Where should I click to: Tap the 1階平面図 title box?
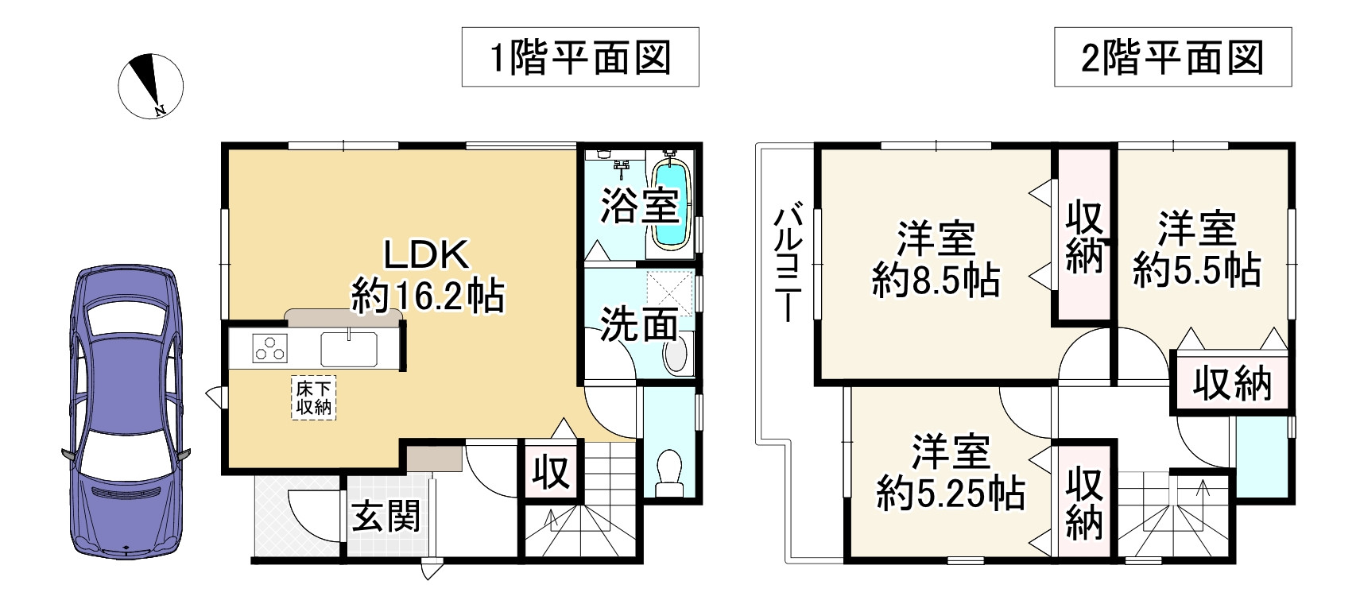pyautogui.click(x=580, y=57)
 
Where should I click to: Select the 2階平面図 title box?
pyautogui.click(x=1172, y=57)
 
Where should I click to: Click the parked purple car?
pyautogui.click(x=126, y=412)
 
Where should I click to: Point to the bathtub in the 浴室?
pyautogui.click(x=669, y=204)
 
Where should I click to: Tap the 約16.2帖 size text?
pyautogui.click(x=428, y=298)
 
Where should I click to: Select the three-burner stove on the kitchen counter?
pyautogui.click(x=270, y=349)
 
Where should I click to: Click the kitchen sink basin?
pyautogui.click(x=349, y=348)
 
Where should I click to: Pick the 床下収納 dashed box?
pyautogui.click(x=314, y=398)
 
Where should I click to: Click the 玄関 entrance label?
pyautogui.click(x=386, y=517)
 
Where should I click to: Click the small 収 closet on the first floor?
pyautogui.click(x=551, y=473)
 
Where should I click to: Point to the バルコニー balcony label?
pyautogui.click(x=788, y=262)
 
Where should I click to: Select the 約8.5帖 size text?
pyautogui.click(x=936, y=280)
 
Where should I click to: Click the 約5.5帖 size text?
pyautogui.click(x=1196, y=270)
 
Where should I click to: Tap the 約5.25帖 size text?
pyautogui.click(x=950, y=494)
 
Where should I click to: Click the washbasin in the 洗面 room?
pyautogui.click(x=676, y=354)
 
